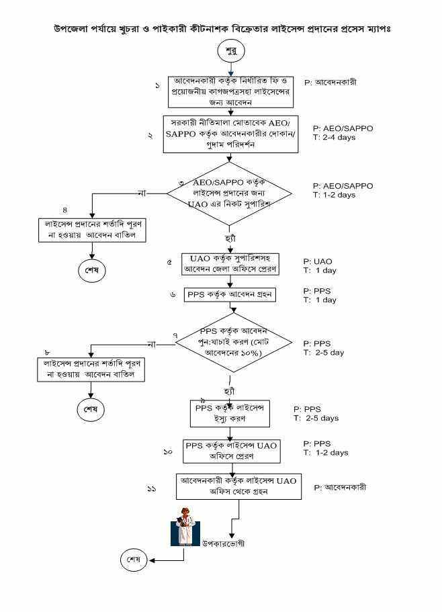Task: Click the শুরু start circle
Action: point(230,51)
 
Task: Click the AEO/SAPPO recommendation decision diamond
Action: point(230,192)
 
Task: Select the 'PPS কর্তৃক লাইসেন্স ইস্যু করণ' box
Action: point(230,413)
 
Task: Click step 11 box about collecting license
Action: point(238,486)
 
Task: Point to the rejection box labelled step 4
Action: point(91,229)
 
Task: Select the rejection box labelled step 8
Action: point(91,368)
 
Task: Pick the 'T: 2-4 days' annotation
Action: point(335,138)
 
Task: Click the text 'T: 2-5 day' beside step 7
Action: point(324,353)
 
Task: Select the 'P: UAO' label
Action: point(318,261)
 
